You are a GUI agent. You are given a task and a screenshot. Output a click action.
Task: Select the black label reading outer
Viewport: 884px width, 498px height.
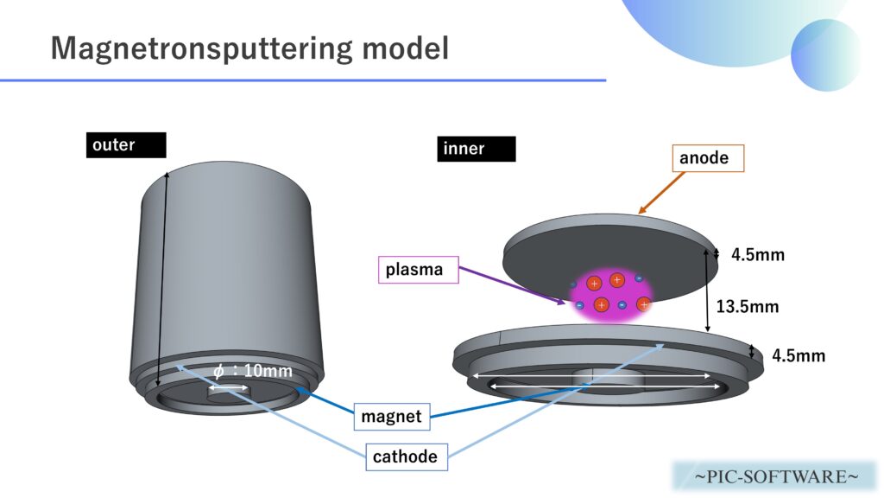tap(125, 144)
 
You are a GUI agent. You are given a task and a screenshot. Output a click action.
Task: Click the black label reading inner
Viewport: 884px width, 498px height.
tap(476, 149)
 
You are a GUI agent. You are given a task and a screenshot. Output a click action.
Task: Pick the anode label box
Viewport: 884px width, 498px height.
tap(707, 157)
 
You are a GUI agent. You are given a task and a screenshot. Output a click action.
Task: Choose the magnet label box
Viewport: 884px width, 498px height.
tap(391, 417)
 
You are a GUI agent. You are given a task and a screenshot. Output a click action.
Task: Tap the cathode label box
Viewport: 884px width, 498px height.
tap(405, 456)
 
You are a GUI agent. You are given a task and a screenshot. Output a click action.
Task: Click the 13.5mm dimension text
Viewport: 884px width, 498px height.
tap(748, 306)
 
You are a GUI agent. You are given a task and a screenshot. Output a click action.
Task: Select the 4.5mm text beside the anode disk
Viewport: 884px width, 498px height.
tap(758, 255)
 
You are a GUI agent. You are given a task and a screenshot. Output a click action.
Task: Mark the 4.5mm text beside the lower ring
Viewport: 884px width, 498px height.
tap(799, 355)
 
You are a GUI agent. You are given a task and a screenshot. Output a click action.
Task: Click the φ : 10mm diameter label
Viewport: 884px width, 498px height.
tap(252, 372)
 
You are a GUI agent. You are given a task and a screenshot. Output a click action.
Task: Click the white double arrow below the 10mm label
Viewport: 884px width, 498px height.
tap(230, 388)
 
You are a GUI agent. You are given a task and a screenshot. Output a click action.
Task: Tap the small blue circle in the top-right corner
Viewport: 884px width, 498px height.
tap(825, 54)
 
